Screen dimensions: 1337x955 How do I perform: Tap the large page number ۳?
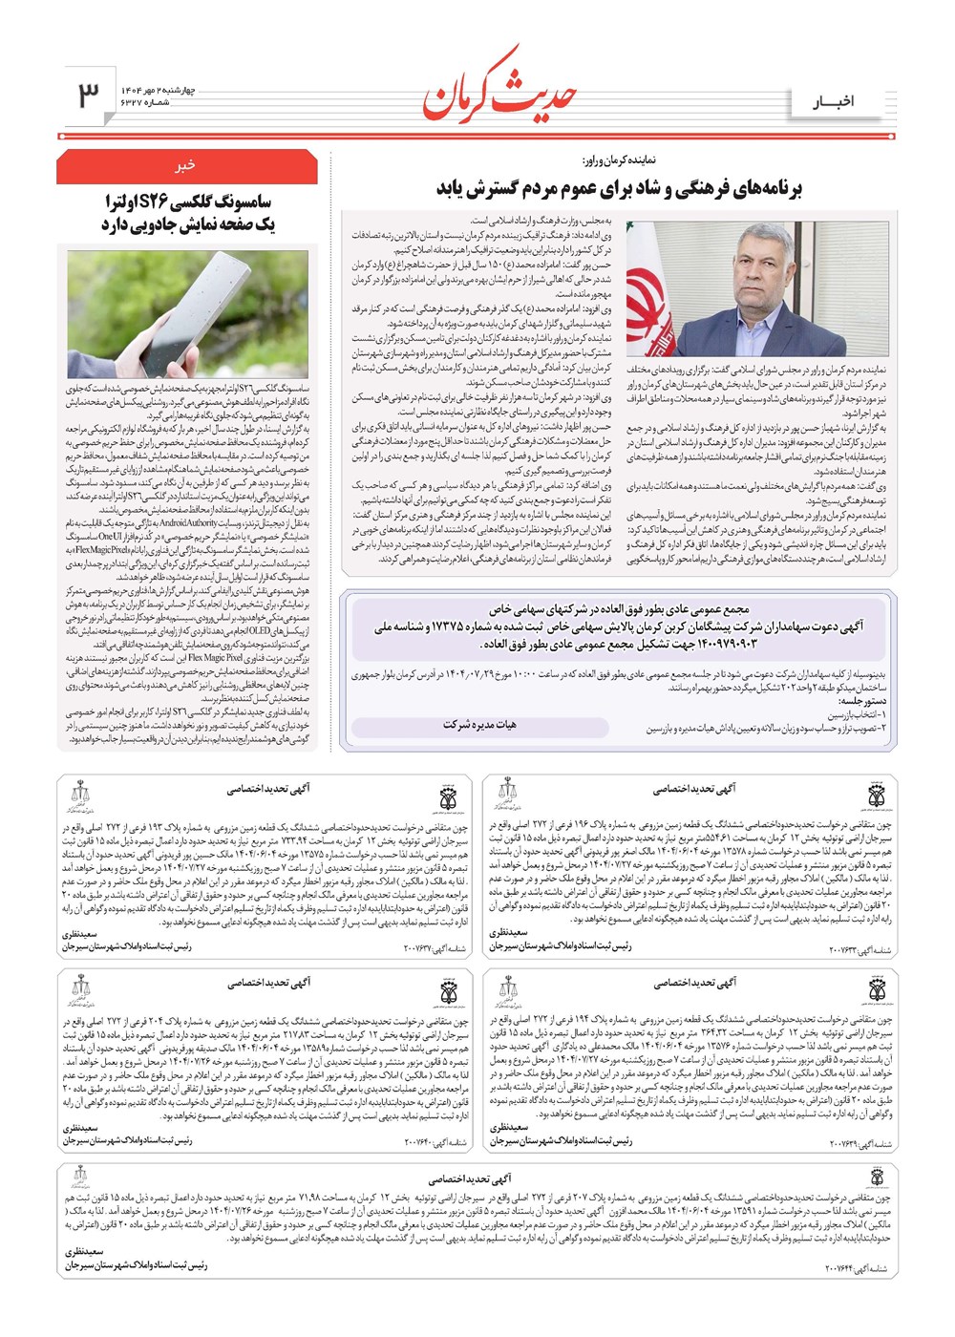point(89,95)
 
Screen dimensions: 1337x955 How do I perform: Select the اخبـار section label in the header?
point(834,102)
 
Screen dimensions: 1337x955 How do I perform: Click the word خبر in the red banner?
point(185,166)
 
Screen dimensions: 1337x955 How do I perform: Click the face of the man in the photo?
point(759,267)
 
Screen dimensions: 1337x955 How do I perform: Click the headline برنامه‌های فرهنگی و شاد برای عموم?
point(620,188)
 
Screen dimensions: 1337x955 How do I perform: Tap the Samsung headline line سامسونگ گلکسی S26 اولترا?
point(188,202)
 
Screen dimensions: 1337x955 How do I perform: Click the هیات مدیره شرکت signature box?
point(479,725)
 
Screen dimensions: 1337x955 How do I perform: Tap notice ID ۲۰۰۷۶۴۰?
point(435,1142)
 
